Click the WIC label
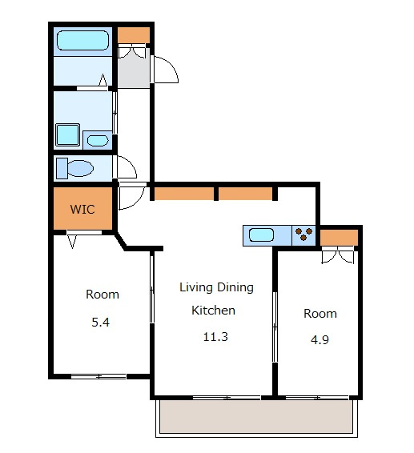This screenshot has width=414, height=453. point(82,209)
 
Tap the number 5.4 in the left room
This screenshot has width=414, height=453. point(101,322)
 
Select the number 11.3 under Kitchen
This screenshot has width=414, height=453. point(215,337)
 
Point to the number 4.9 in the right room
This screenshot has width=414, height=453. point(320,339)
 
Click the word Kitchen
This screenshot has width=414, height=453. point(213,311)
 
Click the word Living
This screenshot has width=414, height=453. point(196,287)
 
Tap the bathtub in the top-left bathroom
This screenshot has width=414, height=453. point(83,40)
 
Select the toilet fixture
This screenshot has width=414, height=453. point(74,168)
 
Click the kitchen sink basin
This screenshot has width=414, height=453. point(261,235)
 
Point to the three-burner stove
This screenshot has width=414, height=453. point(303,234)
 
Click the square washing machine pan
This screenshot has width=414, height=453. point(67,135)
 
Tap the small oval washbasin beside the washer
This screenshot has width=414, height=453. point(98,141)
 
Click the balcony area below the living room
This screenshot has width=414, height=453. point(256,416)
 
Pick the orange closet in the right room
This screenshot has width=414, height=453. point(339,238)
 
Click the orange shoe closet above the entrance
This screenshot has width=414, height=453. point(134,35)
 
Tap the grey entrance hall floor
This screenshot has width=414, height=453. point(134,70)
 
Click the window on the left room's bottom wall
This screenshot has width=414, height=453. point(98,376)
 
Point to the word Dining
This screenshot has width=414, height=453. point(235,287)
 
